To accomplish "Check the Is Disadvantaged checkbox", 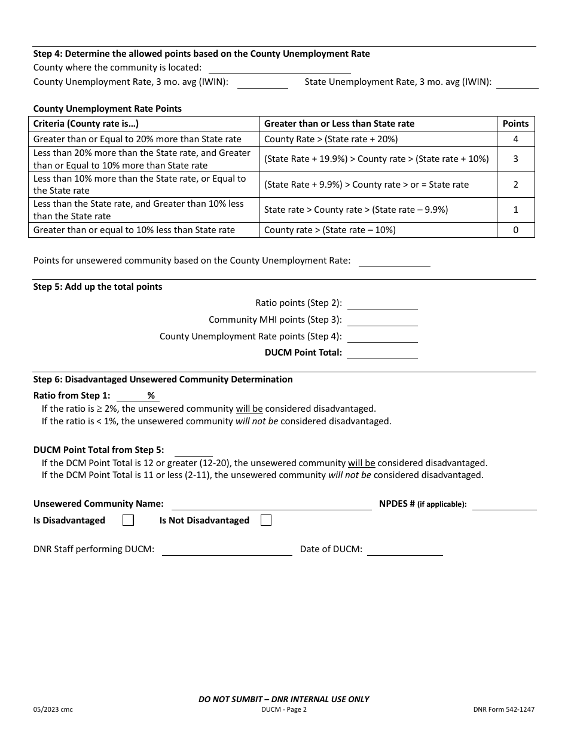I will point(128,520).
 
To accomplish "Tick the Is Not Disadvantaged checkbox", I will point(266,520).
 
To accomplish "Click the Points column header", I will point(515,124).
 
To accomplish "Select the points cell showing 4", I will point(515,139).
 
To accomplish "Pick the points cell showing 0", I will point(515,230).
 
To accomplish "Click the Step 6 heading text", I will point(163,379).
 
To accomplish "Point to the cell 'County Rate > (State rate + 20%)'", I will point(331,139).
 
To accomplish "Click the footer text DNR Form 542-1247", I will point(503,710).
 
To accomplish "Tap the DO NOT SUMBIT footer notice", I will point(283,699).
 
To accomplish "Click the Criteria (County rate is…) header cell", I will point(86,124).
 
